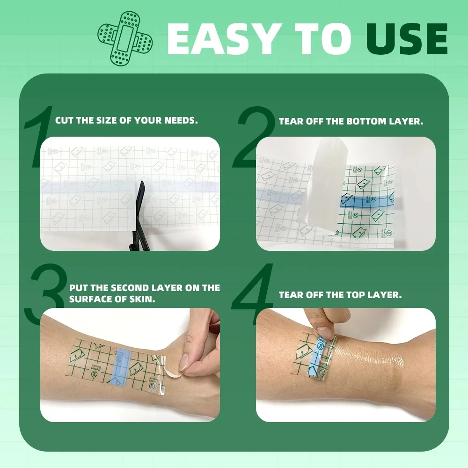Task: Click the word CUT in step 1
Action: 65,120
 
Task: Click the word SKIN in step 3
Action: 144,299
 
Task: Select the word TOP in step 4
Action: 360,295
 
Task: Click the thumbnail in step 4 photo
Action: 323,333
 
